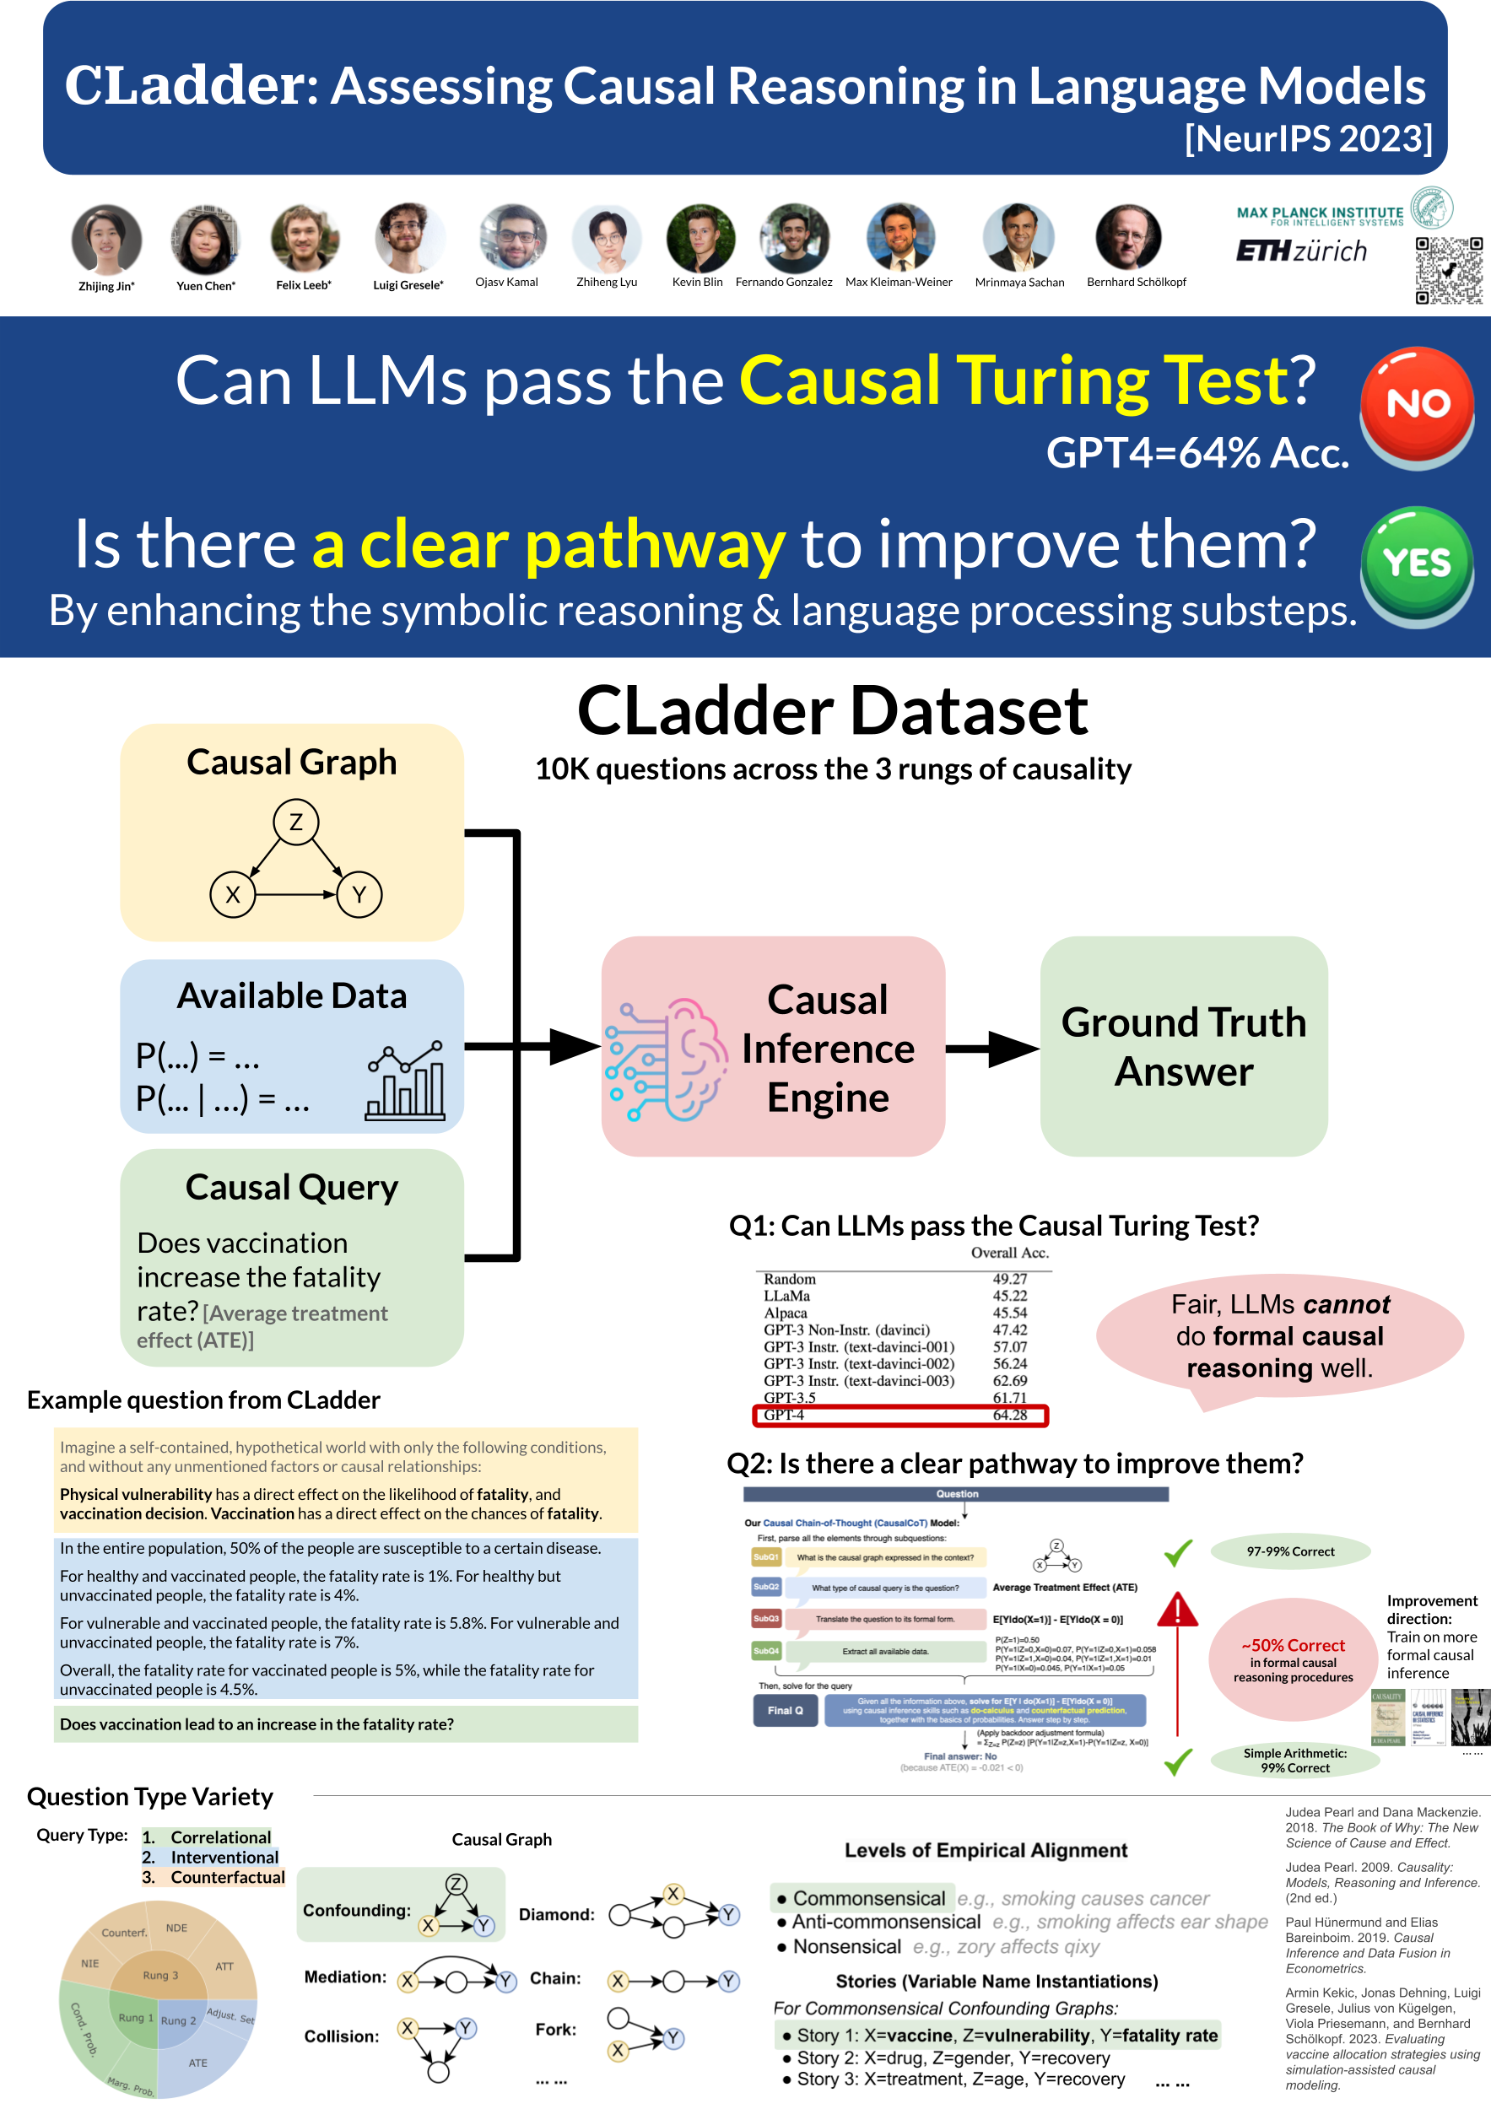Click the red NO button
pyautogui.click(x=1417, y=404)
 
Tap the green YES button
pyautogui.click(x=1417, y=562)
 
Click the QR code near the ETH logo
pyautogui.click(x=1449, y=271)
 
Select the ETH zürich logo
pyautogui.click(x=1301, y=251)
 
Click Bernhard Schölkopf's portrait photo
pyautogui.click(x=1129, y=237)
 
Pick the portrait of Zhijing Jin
pyautogui.click(x=106, y=239)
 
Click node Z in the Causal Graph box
pyautogui.click(x=296, y=823)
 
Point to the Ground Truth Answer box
pyautogui.click(x=1183, y=1046)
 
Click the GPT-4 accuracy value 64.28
pyautogui.click(x=1010, y=1415)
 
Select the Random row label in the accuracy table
pyautogui.click(x=789, y=1279)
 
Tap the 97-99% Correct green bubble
pyautogui.click(x=1290, y=1551)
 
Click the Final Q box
pyautogui.click(x=785, y=1710)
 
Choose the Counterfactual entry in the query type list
pyautogui.click(x=227, y=1877)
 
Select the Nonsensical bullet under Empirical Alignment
pyautogui.click(x=846, y=1946)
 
